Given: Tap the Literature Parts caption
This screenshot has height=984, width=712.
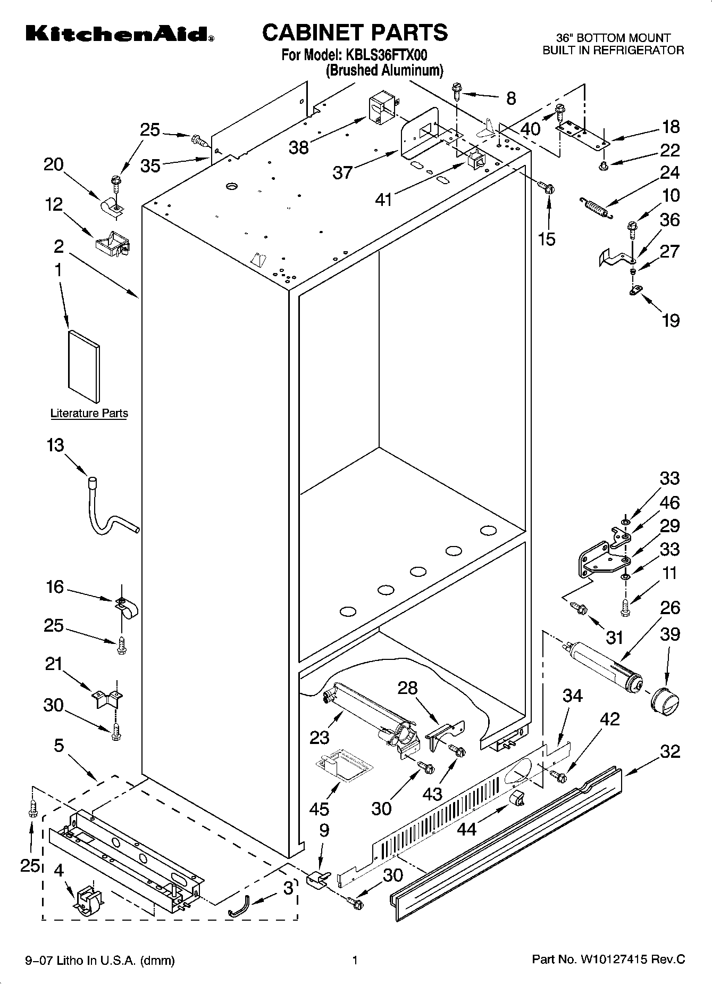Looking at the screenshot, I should tap(89, 413).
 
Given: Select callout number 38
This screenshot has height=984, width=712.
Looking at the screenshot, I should tap(298, 147).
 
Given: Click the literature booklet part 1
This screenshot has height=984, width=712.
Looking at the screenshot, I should tap(83, 366).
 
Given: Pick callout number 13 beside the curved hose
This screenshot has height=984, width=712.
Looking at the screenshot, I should tap(55, 445).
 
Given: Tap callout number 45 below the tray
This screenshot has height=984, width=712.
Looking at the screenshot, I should tap(320, 809).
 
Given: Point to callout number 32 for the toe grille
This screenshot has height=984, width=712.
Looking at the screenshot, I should tap(670, 751).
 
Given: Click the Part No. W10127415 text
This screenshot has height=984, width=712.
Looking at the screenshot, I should tap(608, 960).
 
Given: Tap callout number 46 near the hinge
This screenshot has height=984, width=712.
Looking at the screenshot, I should tap(669, 502).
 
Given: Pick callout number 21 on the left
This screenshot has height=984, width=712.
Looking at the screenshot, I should tap(54, 664).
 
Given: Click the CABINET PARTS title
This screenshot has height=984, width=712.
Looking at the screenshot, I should tap(355, 32).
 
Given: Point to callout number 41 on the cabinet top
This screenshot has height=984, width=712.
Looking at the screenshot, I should tap(383, 200).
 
